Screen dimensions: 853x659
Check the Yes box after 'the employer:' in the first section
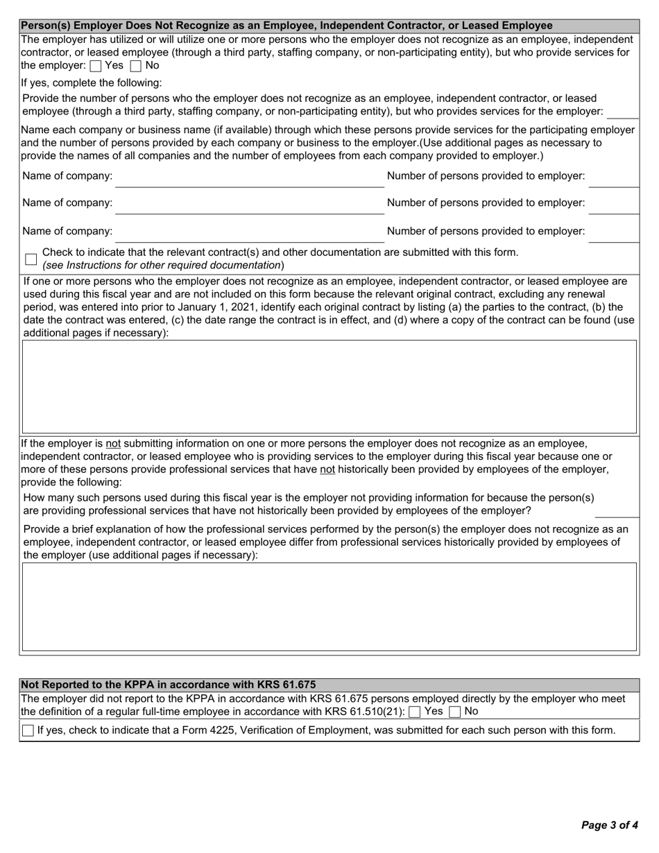pyautogui.click(x=96, y=67)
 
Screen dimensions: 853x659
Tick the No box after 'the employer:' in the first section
pyautogui.click(x=136, y=67)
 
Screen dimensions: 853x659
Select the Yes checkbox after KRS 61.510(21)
pyautogui.click(x=415, y=712)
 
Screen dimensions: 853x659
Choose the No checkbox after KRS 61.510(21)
pyautogui.click(x=455, y=712)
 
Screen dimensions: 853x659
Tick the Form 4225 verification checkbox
pyautogui.click(x=28, y=730)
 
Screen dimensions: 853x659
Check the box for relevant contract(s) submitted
pyautogui.click(x=31, y=259)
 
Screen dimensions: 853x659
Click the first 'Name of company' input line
pyautogui.click(x=250, y=179)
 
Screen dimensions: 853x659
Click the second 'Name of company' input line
pyautogui.click(x=250, y=206)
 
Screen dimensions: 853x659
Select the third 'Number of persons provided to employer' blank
pyautogui.click(x=613, y=234)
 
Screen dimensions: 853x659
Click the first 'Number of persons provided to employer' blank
pyautogui.click(x=613, y=179)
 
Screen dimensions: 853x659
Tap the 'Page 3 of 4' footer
pyautogui.click(x=609, y=825)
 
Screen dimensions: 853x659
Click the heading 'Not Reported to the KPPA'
pyautogui.click(x=169, y=684)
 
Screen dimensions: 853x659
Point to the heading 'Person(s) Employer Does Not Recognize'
pyautogui.click(x=286, y=26)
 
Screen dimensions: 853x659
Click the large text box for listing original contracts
pyautogui.click(x=329, y=386)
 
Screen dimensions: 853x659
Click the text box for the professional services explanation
pyautogui.click(x=329, y=607)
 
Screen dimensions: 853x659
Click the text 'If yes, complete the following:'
pyautogui.click(x=92, y=83)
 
